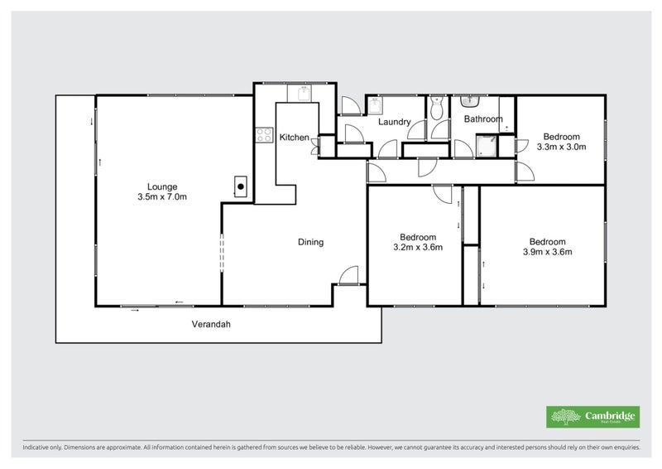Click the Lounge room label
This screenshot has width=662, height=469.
tap(162, 186)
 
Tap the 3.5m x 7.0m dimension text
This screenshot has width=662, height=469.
tap(162, 197)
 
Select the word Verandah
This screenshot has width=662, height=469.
tap(211, 324)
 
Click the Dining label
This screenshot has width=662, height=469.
tap(310, 243)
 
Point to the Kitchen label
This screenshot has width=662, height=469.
tap(294, 138)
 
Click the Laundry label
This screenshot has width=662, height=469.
tap(395, 123)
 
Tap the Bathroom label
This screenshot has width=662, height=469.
tap(483, 119)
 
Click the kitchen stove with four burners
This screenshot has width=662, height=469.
tap(264, 134)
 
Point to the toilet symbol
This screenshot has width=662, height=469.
tap(437, 109)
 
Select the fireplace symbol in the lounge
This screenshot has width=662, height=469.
tap(240, 186)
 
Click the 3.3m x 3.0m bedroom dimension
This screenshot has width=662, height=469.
tap(561, 147)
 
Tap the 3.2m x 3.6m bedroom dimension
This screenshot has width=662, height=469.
tap(417, 246)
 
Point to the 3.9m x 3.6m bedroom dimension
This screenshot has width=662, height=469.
tap(547, 252)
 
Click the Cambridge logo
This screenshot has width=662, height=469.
tap(592, 417)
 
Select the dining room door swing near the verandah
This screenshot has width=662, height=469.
tap(348, 276)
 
